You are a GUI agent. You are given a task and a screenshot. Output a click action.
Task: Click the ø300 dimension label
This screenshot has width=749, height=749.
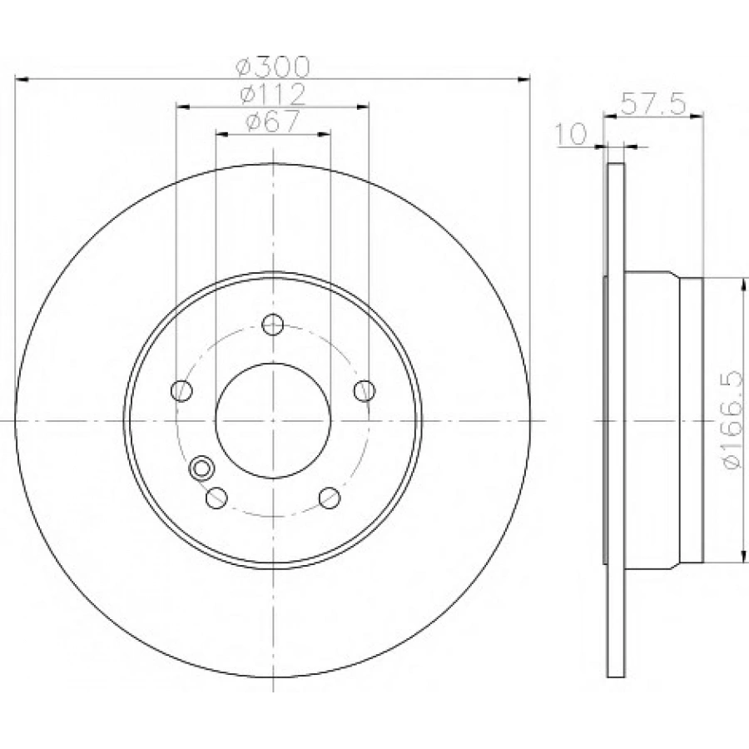click(273, 65)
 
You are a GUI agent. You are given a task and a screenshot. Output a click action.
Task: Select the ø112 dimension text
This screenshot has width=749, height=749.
click(273, 93)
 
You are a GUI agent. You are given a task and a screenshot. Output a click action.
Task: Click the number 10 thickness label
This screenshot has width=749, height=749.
click(573, 133)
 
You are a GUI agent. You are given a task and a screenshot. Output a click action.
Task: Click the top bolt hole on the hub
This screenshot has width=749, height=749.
click(273, 324)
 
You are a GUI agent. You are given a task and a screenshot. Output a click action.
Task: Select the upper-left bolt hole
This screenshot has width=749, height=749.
click(181, 390)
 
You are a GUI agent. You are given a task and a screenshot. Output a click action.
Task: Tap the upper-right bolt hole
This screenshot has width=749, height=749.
click(365, 390)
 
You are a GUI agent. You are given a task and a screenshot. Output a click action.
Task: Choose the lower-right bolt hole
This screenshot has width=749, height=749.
click(330, 498)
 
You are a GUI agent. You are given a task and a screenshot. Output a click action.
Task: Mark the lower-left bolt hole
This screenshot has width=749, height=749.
click(216, 498)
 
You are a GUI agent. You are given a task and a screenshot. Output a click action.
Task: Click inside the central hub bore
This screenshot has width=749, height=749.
click(273, 421)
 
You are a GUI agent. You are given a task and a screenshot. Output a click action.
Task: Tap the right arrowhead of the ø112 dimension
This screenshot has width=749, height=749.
click(363, 107)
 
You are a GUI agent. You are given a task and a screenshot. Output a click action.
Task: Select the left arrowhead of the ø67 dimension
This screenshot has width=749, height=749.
click(221, 133)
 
